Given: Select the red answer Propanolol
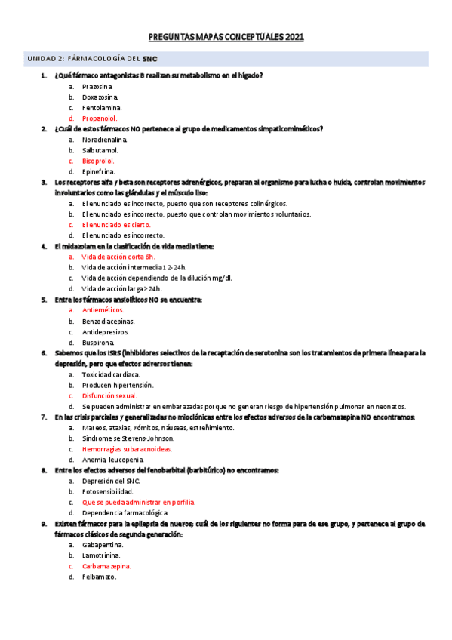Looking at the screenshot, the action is click(99, 118).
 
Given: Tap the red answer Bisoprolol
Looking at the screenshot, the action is click(99, 161).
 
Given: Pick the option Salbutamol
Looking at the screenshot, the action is click(100, 150).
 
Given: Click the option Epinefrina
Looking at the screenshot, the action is click(99, 171).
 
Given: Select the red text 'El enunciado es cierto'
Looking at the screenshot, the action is click(116, 225).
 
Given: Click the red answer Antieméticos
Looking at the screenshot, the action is click(103, 310).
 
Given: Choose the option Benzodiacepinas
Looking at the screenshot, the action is click(110, 321).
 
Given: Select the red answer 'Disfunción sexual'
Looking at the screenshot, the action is click(109, 395).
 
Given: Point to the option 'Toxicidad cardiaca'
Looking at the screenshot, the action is click(111, 374).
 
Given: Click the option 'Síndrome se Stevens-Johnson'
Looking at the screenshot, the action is click(128, 438).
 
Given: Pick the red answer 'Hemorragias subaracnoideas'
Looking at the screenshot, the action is click(127, 448).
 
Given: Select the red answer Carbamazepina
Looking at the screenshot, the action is click(106, 566).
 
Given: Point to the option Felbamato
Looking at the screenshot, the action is click(100, 577).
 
